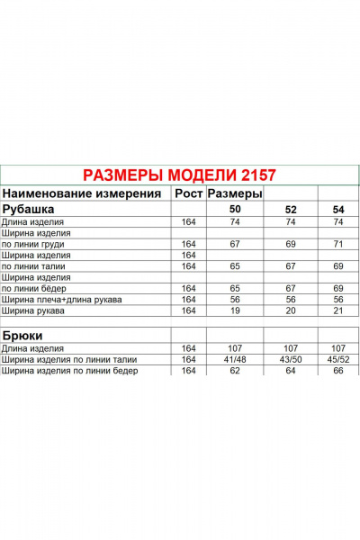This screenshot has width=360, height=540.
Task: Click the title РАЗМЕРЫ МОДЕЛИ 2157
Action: tap(179, 175)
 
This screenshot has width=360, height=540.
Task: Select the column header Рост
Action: tap(188, 193)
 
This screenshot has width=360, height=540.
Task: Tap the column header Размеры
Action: tap(235, 193)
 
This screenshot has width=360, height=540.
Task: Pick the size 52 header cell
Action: tap(291, 210)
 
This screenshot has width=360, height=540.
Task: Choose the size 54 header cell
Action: tap(338, 210)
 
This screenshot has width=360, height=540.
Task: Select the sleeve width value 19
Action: tap(234, 310)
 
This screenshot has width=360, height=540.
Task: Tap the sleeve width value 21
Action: tap(338, 310)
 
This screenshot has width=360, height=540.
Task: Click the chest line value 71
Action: tap(338, 244)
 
